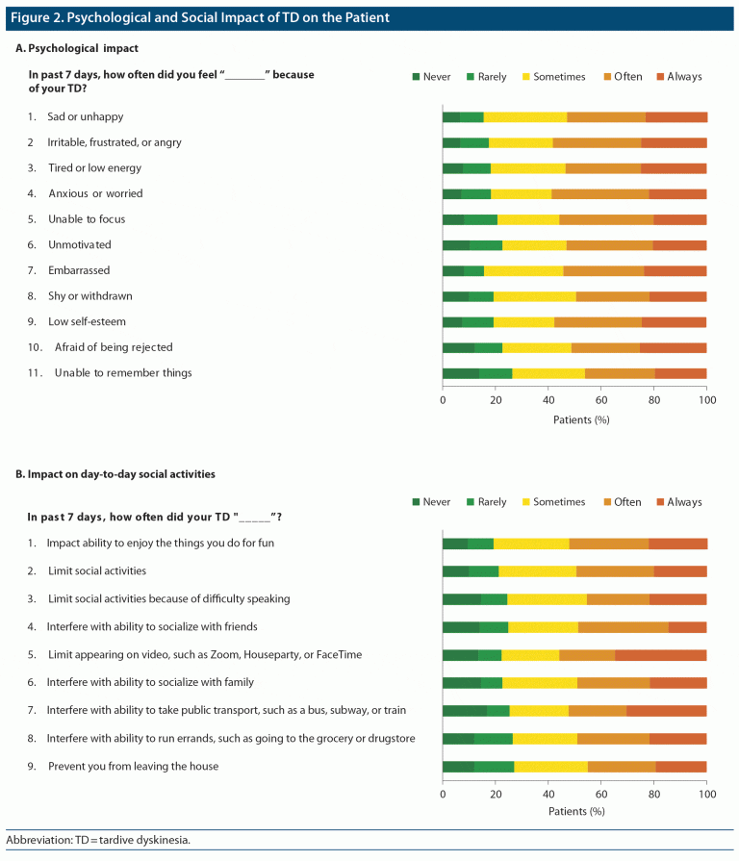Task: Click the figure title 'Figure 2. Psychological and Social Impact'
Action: pyautogui.click(x=201, y=18)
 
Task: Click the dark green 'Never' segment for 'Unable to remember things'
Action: pyautogui.click(x=460, y=373)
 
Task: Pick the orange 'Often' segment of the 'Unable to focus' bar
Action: pyautogui.click(x=606, y=219)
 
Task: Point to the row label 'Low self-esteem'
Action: pyautogui.click(x=87, y=321)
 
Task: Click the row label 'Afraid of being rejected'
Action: pyautogui.click(x=114, y=347)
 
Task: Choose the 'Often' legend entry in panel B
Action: pyautogui.click(x=626, y=502)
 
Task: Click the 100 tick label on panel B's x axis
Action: pyautogui.click(x=706, y=796)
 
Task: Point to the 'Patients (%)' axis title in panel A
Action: pyautogui.click(x=581, y=419)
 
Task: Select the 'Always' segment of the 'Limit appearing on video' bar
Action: pyautogui.click(x=660, y=656)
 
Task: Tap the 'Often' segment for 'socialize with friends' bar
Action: pyautogui.click(x=623, y=628)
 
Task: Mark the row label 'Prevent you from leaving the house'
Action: pyautogui.click(x=133, y=766)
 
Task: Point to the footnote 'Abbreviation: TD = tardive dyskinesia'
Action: pyautogui.click(x=99, y=840)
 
